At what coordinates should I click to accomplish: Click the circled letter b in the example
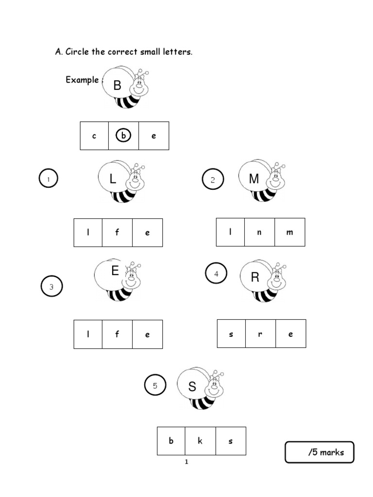(123, 136)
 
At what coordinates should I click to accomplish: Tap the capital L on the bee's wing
(113, 180)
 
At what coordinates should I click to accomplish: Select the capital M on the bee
(254, 179)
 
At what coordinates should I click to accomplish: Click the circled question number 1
(49, 180)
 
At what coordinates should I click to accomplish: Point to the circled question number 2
(212, 180)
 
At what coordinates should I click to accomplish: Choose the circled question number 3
(51, 287)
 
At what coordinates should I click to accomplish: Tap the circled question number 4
(216, 274)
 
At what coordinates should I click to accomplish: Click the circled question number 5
(155, 386)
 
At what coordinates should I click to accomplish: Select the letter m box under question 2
(290, 232)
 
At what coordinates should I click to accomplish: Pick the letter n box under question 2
(259, 232)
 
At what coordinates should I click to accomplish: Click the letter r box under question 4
(260, 334)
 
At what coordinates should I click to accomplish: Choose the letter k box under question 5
(201, 441)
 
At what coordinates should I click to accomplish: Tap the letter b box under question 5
(171, 441)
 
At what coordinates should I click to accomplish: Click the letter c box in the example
(94, 136)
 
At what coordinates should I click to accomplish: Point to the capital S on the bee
(192, 387)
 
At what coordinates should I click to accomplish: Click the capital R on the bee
(255, 278)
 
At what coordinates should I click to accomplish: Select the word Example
(82, 80)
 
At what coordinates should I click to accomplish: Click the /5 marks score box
(320, 452)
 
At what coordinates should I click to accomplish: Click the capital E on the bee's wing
(115, 271)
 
